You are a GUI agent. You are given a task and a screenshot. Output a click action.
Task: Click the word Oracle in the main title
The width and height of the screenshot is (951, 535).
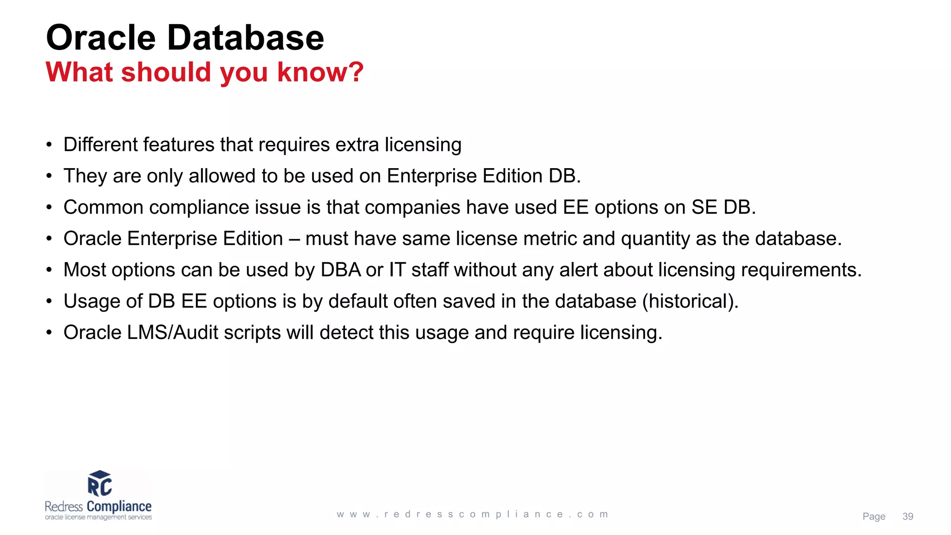pos(101,38)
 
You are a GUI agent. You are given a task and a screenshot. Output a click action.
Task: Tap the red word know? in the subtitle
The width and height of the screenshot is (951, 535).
pos(320,72)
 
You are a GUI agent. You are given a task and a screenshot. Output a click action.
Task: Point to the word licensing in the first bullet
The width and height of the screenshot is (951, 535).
pos(423,145)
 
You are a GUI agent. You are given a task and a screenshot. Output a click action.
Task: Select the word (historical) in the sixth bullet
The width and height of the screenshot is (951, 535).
pos(690,301)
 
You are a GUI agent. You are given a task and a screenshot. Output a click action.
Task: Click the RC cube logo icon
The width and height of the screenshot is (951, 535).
pos(99,483)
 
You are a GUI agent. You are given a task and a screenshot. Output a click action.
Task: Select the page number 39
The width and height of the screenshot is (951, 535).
pos(908,516)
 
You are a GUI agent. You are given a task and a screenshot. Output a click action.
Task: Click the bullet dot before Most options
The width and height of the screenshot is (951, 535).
pos(49,270)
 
